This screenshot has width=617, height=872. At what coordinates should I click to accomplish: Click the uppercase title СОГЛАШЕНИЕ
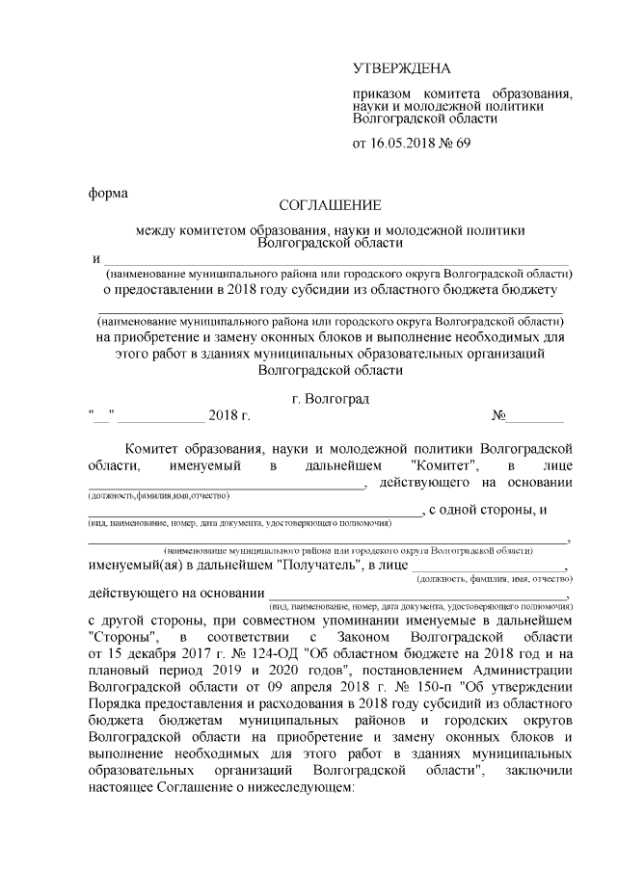(330, 205)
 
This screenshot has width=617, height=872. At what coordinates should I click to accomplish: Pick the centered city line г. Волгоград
(330, 398)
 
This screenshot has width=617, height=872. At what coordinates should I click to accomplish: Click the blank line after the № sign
(536, 417)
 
